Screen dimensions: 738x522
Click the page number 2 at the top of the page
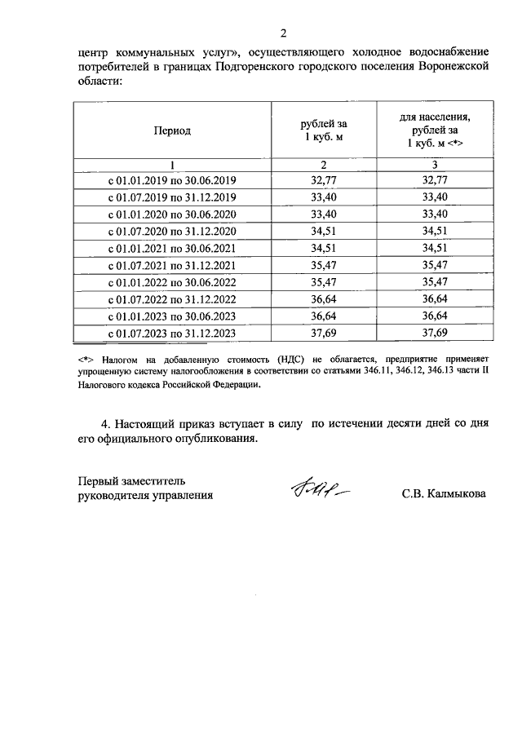[283, 33]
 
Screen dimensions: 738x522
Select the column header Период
[171, 130]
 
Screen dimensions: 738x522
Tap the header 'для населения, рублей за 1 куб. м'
[435, 130]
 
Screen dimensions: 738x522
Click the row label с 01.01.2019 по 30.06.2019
[171, 180]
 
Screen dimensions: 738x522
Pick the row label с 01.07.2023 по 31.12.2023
[171, 334]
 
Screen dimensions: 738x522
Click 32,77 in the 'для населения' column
[435, 180]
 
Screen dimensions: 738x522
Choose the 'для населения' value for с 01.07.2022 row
[435, 299]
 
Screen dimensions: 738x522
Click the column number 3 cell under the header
[435, 164]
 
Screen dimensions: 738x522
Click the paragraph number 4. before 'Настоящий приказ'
[105, 424]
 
